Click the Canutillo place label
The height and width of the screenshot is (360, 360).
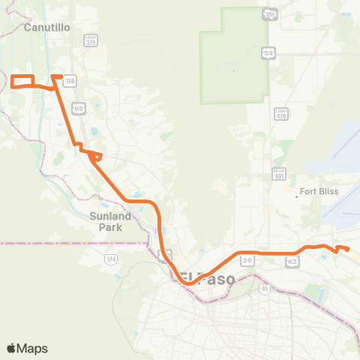click(46, 28)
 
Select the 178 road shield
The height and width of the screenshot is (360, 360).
click(70, 80)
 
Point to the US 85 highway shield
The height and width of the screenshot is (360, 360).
click(79, 109)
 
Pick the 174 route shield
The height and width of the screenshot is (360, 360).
click(111, 259)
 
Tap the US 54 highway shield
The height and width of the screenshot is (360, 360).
click(268, 52)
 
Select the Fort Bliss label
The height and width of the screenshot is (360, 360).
click(319, 191)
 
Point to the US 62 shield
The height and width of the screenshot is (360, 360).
click(292, 262)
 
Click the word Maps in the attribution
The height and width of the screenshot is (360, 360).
click(32, 348)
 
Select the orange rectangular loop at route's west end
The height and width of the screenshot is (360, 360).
click(22, 81)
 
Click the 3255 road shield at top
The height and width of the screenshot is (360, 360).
click(268, 15)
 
